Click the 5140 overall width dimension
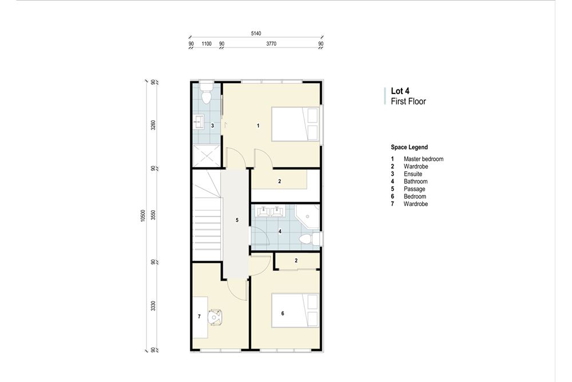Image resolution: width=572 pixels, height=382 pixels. (x=256, y=34)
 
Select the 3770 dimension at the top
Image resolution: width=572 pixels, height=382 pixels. (x=271, y=44)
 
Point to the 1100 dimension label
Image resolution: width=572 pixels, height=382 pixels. (x=206, y=44)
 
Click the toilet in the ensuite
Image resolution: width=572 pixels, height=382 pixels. (x=206, y=92)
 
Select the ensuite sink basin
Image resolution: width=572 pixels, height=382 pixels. (x=200, y=121)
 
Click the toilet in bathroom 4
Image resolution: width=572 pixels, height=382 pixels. (x=309, y=238)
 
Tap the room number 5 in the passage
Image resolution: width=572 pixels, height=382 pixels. (x=237, y=220)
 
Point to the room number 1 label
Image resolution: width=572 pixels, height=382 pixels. (x=259, y=125)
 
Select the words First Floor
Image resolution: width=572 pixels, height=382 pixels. (x=408, y=101)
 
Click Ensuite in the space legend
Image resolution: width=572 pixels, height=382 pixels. (x=413, y=174)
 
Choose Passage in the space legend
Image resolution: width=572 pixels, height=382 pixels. (x=414, y=188)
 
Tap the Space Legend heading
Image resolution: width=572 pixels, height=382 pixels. (x=409, y=147)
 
